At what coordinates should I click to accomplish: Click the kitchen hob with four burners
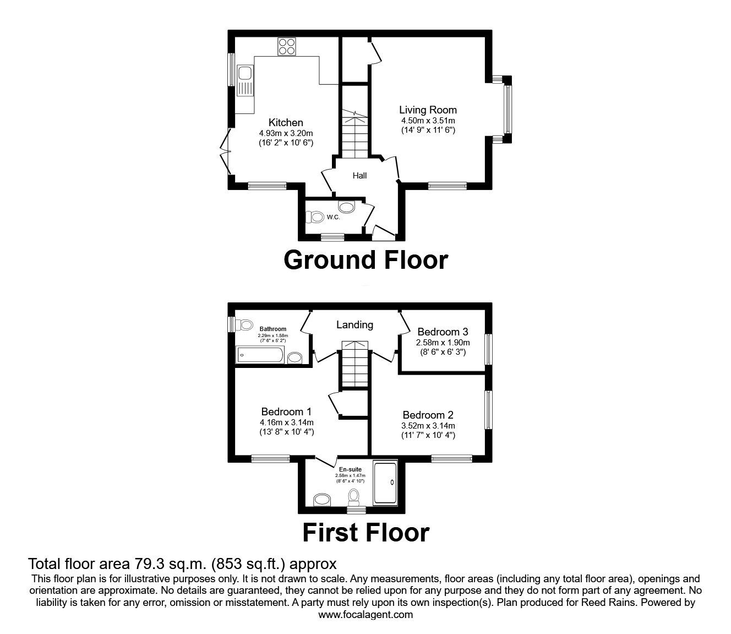(x=286, y=46)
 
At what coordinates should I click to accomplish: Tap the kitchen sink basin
(x=244, y=73)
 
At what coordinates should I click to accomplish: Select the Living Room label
(x=428, y=110)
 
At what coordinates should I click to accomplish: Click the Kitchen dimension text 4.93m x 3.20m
(x=286, y=133)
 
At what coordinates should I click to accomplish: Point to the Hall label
(x=359, y=176)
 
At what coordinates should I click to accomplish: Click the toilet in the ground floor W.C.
(x=314, y=216)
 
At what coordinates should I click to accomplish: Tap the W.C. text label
(x=333, y=218)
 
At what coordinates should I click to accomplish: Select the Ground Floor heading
(x=365, y=260)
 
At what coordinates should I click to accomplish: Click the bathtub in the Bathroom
(x=260, y=355)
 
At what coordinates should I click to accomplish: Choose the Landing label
(x=354, y=324)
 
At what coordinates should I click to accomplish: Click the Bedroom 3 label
(x=443, y=332)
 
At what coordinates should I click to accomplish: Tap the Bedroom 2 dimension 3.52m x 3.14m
(x=428, y=425)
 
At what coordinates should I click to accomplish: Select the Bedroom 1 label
(x=286, y=411)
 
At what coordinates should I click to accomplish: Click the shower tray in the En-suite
(x=385, y=482)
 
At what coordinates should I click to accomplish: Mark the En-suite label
(x=350, y=469)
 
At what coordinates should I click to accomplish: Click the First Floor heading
(x=366, y=533)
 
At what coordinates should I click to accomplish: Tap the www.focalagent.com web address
(x=365, y=615)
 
